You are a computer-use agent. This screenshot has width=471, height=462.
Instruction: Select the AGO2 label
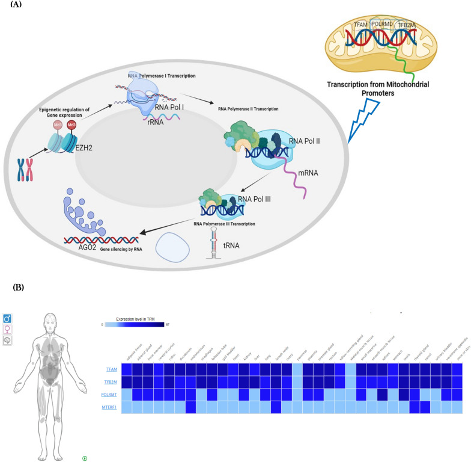click(93, 246)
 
